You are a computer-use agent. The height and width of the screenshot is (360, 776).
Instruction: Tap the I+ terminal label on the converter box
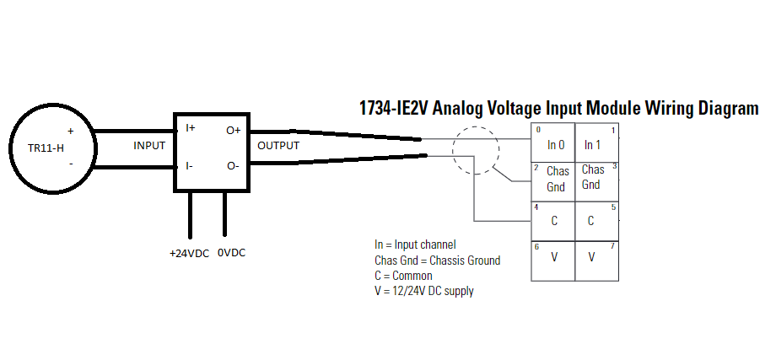(x=191, y=128)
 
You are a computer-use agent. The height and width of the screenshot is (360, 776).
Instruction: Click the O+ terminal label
(x=233, y=130)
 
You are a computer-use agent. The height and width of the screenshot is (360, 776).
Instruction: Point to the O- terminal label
(x=233, y=166)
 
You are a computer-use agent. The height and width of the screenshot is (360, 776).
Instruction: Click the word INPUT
(x=149, y=146)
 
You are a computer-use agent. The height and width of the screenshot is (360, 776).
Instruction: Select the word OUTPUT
(x=278, y=146)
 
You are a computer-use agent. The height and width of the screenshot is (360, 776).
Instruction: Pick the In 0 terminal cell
(x=554, y=144)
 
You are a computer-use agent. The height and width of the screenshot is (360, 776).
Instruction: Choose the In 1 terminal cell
(x=592, y=144)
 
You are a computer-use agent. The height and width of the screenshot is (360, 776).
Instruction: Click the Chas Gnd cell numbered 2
(x=554, y=179)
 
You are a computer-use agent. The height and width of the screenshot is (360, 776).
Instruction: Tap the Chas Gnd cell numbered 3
(x=592, y=179)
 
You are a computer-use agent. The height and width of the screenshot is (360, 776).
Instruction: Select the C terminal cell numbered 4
(x=554, y=221)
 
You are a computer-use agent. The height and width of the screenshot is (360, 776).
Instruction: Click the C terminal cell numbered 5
(x=592, y=221)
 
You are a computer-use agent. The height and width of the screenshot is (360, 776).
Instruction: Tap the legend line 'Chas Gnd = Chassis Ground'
(x=437, y=261)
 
